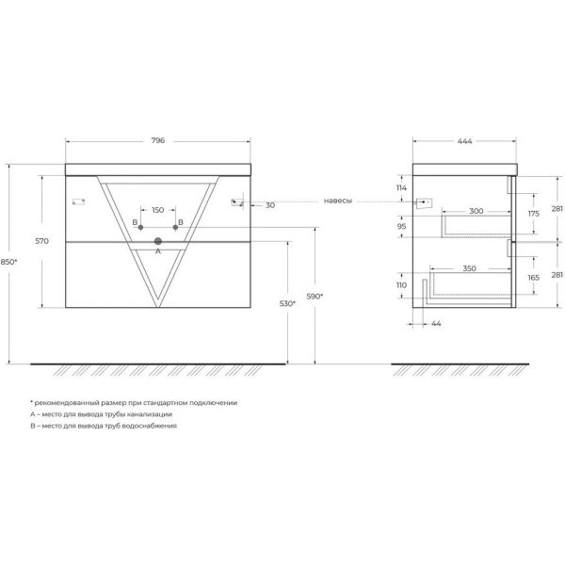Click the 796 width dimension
coord(158,140)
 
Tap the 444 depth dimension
coord(465,141)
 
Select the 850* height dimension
coord(8,262)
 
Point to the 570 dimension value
coord(41,241)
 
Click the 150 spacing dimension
coord(158,210)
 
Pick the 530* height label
coord(287,304)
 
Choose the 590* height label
coord(315,297)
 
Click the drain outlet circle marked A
coord(158,241)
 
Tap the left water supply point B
coord(140,227)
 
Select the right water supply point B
coord(175,227)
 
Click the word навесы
coord(338,201)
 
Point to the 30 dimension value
coord(270,205)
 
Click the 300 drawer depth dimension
coord(476,211)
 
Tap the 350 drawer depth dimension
coord(469,268)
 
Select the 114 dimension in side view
coord(401,187)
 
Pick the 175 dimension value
coord(534,214)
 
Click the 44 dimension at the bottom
coord(436,324)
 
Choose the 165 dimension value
coord(534,278)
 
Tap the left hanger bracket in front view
coord(78,202)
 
